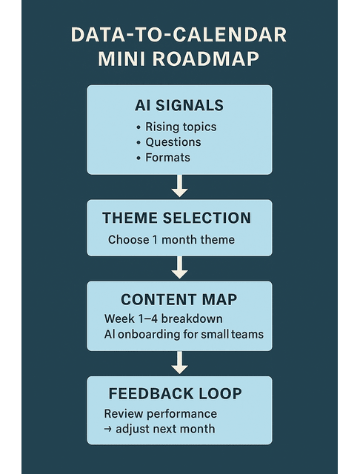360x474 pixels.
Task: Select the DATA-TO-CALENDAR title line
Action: pyautogui.click(x=179, y=35)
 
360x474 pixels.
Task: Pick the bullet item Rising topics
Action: pyautogui.click(x=180, y=127)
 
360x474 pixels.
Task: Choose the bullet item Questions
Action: pyautogui.click(x=173, y=142)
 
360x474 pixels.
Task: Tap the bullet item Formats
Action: pyautogui.click(x=167, y=158)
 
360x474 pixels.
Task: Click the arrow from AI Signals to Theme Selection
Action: pyautogui.click(x=179, y=186)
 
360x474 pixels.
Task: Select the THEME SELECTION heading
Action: pyautogui.click(x=176, y=218)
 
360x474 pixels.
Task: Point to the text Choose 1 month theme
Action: pyautogui.click(x=171, y=240)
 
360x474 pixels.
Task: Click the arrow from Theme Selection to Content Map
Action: pyautogui.click(x=179, y=267)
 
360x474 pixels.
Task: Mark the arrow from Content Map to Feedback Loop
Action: pyautogui.click(x=179, y=362)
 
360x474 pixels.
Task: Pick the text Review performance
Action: pyautogui.click(x=161, y=413)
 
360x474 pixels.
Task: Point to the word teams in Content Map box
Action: pyautogui.click(x=247, y=334)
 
